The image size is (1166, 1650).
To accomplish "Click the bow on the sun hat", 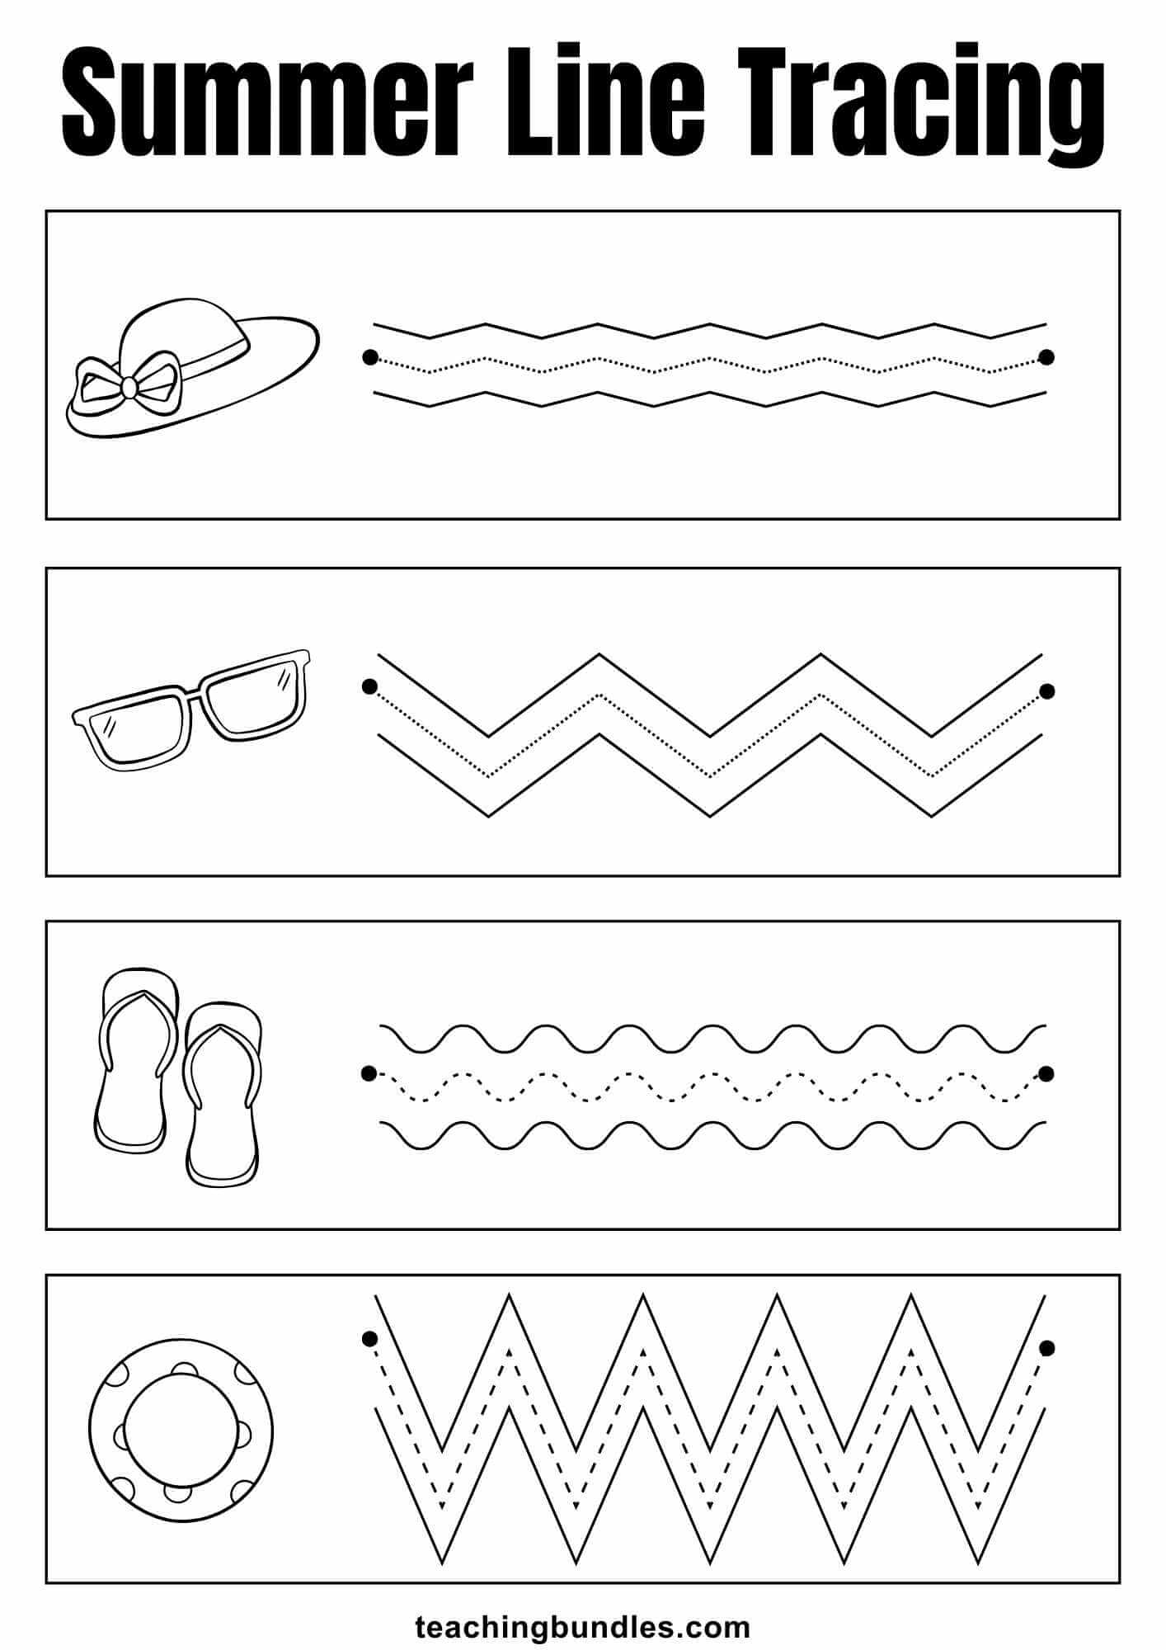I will click(128, 384).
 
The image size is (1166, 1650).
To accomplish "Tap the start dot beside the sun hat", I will click(369, 357).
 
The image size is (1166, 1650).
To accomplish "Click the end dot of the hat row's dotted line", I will click(1046, 357).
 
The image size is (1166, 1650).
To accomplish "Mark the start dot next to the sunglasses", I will click(369, 686).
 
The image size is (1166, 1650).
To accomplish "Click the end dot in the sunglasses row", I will click(1046, 691).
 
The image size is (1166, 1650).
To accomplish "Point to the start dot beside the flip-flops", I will click(369, 1072).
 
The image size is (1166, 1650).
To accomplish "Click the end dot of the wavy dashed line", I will click(1046, 1073).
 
